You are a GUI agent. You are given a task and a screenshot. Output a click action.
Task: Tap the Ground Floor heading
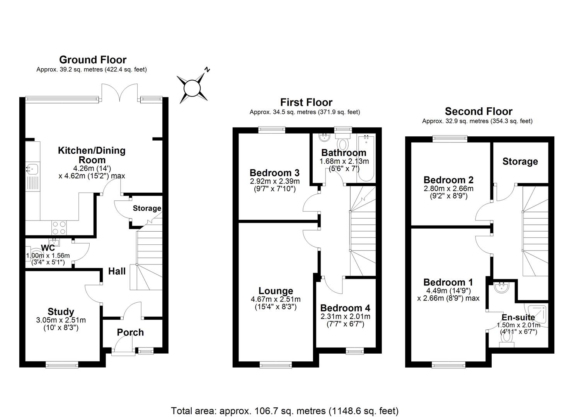pyautogui.click(x=92, y=60)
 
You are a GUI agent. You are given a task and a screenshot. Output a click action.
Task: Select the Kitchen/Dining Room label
pyautogui.click(x=92, y=155)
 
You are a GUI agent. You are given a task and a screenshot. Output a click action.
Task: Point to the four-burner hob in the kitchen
pyautogui.click(x=58, y=227)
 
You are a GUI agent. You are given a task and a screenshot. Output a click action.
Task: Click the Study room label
pyautogui.click(x=61, y=312)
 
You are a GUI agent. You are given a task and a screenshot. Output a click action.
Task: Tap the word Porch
pyautogui.click(x=130, y=332)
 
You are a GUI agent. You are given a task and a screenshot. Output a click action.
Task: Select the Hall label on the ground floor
pyautogui.click(x=117, y=271)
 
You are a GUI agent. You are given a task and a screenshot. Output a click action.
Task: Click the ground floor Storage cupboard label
pyautogui.click(x=147, y=208)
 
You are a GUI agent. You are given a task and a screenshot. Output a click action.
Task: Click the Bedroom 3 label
pyautogui.click(x=274, y=173)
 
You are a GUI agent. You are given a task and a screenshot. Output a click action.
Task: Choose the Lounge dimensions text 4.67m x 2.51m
pyautogui.click(x=276, y=299)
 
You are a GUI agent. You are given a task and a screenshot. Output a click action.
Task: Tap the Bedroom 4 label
pyautogui.click(x=345, y=308)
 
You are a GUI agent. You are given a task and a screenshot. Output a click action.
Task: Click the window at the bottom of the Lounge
pyautogui.click(x=276, y=364)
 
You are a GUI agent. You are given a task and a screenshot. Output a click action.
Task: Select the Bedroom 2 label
pyautogui.click(x=448, y=180)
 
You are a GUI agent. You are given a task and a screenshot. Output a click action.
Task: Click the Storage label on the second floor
pyautogui.click(x=520, y=161)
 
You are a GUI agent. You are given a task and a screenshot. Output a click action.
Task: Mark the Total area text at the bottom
pyautogui.click(x=285, y=410)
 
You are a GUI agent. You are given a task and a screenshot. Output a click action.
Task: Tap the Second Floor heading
pyautogui.click(x=479, y=112)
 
